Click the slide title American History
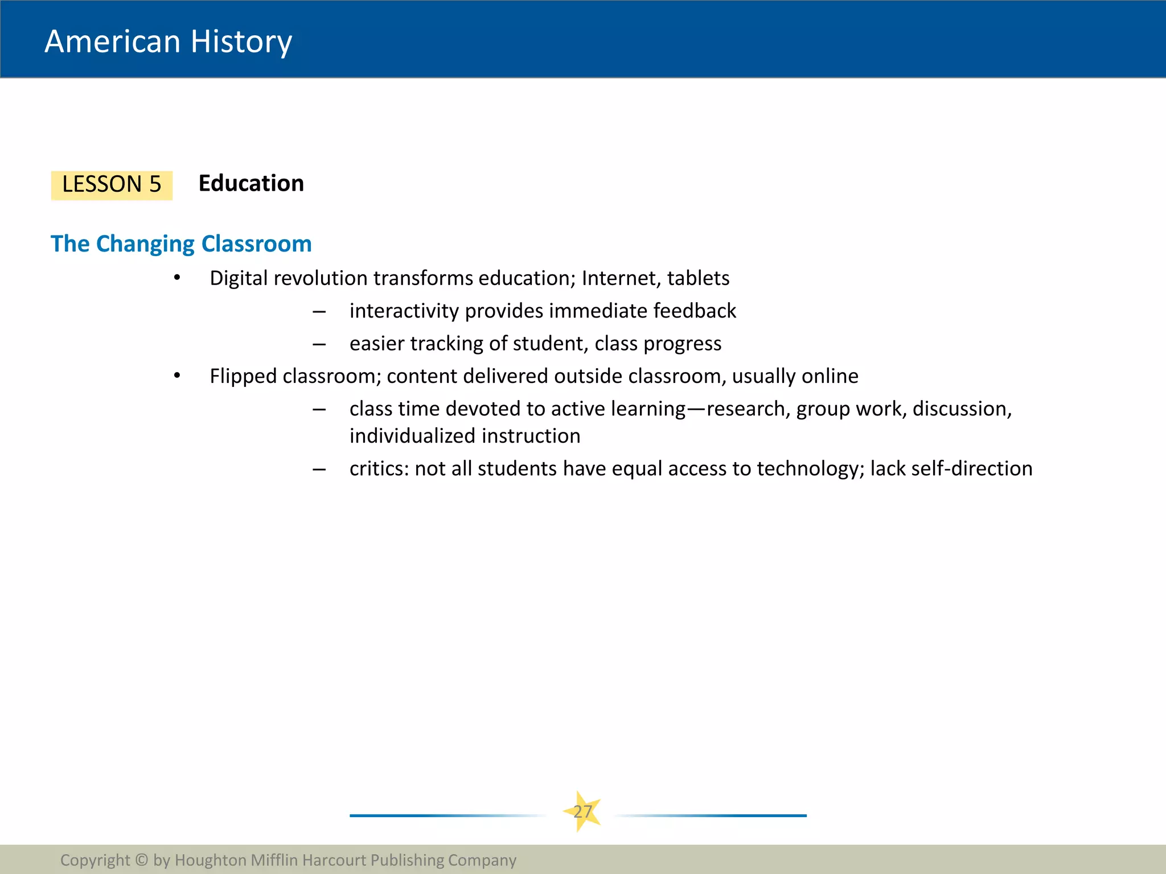click(168, 42)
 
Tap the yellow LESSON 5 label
click(112, 185)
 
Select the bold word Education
click(251, 184)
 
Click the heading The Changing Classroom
click(181, 244)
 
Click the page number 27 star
click(582, 811)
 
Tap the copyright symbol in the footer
click(142, 860)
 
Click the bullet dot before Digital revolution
click(177, 278)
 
